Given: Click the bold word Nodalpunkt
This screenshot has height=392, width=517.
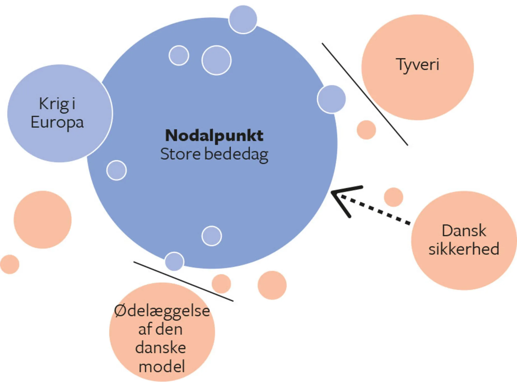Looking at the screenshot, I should [214, 135].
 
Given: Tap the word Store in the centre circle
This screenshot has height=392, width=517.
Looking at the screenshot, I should [180, 154].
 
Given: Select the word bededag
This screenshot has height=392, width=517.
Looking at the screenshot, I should [236, 155].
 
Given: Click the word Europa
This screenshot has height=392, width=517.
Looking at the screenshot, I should [57, 123].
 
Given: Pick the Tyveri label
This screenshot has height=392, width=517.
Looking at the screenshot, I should [417, 64].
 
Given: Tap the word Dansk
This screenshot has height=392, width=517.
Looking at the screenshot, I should [464, 230].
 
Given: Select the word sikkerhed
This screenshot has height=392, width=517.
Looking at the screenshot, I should [464, 249].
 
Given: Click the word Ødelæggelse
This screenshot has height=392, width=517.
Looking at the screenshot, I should [162, 311].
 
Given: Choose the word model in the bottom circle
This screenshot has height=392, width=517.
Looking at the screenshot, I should [162, 366].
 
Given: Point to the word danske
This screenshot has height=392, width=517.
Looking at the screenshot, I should [161, 348].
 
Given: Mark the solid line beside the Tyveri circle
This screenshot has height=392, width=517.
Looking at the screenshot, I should [364, 94].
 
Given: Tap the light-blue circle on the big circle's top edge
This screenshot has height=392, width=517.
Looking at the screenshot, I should [243, 19].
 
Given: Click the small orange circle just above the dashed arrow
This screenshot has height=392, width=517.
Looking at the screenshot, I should [393, 197].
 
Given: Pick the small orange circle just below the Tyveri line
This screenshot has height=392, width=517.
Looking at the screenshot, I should [366, 130].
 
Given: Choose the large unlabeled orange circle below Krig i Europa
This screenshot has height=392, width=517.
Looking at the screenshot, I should [43, 219].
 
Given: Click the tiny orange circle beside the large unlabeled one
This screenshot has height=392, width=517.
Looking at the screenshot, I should [10, 264].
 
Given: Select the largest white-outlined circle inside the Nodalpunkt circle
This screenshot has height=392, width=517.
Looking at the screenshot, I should [216, 60].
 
